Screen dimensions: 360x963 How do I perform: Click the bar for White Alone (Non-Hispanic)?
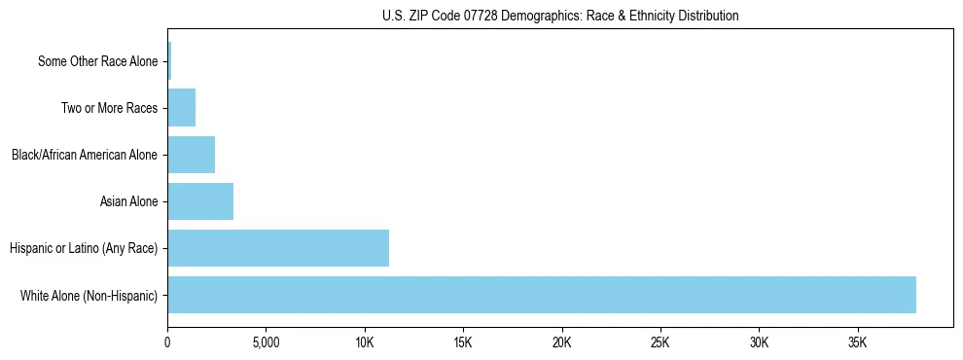pyautogui.click(x=542, y=295)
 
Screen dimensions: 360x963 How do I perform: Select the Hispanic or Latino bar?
pyautogui.click(x=278, y=248)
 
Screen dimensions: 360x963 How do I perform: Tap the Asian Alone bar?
pyautogui.click(x=200, y=201)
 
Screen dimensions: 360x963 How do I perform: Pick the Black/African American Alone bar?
pyautogui.click(x=192, y=155)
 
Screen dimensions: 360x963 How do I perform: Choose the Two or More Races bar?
pyautogui.click(x=182, y=108)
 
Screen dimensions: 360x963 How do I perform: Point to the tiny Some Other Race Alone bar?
pyautogui.click(x=169, y=61)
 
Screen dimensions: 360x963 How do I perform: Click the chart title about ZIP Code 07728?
pyautogui.click(x=560, y=16)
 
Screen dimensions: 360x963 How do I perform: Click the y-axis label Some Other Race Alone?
pyautogui.click(x=97, y=61)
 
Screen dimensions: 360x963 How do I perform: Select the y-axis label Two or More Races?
pyautogui.click(x=109, y=108)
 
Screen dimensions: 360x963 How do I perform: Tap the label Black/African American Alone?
pyautogui.click(x=85, y=155)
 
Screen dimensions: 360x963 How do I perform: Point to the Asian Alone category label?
pyautogui.click(x=128, y=201)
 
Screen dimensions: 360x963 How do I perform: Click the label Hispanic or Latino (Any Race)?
pyautogui.click(x=84, y=248)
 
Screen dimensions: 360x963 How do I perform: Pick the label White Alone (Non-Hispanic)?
pyautogui.click(x=89, y=295)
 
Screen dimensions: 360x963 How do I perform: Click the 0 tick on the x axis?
pyautogui.click(x=167, y=343)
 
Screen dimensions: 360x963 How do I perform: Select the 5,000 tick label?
pyautogui.click(x=266, y=343)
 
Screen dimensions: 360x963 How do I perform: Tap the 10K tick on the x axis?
pyautogui.click(x=365, y=343)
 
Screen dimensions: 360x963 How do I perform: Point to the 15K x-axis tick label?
pyautogui.click(x=463, y=343)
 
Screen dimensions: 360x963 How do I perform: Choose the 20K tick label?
pyautogui.click(x=562, y=343)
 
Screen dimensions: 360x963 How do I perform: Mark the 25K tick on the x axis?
pyautogui.click(x=660, y=343)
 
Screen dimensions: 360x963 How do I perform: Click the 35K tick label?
pyautogui.click(x=858, y=343)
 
